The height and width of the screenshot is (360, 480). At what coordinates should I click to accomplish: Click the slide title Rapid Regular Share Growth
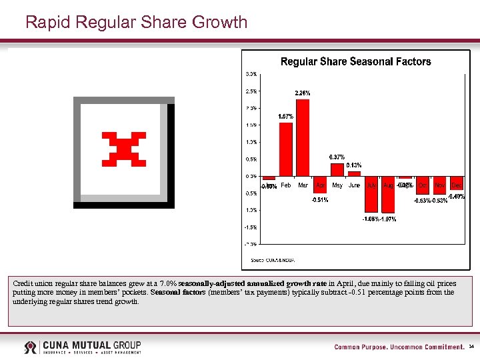tap(136, 23)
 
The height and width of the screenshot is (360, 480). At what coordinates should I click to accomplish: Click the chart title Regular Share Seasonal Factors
tap(355, 61)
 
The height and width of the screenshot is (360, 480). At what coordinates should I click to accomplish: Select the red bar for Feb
tap(285, 149)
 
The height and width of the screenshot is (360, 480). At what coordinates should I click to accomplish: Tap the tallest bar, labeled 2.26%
tap(303, 137)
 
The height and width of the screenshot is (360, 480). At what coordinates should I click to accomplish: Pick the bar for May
tap(337, 170)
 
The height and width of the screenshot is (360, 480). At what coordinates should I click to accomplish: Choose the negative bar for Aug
tap(388, 195)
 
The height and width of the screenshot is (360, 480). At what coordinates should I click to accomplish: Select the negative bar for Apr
tap(320, 185)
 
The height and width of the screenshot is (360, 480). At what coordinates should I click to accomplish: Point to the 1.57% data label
tap(286, 117)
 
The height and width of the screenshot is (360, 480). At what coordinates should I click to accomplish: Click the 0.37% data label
tap(337, 157)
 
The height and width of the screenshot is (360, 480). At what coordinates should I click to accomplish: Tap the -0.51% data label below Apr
tap(320, 200)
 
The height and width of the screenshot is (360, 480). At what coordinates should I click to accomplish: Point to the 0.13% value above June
tap(354, 165)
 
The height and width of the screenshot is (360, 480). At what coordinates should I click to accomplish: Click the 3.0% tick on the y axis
tap(251, 73)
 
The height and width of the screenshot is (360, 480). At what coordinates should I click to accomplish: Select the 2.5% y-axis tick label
tap(251, 91)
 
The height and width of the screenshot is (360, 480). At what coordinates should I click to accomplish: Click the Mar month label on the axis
tap(303, 185)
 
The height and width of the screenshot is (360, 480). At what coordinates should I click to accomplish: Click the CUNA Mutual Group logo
tap(83, 347)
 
